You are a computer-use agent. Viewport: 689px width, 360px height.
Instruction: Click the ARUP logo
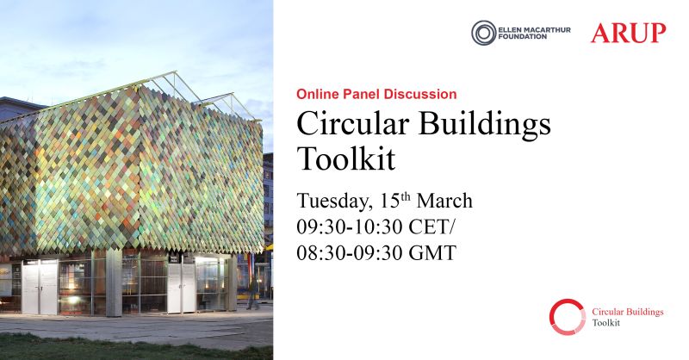628,34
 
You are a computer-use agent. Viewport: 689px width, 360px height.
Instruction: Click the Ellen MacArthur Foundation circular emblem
484,33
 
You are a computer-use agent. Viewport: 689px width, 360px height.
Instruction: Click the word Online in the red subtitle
316,94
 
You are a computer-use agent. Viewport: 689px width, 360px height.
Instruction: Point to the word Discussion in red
423,94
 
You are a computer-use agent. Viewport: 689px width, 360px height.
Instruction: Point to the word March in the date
444,201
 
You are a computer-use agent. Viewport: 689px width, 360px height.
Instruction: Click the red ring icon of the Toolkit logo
567,316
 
